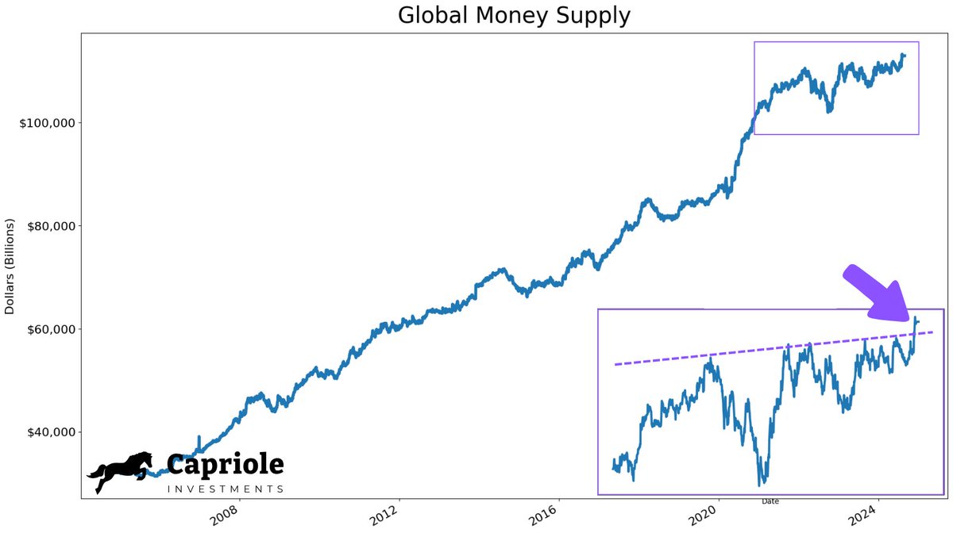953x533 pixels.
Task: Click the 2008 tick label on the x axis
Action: [227, 516]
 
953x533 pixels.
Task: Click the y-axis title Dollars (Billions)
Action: [10, 266]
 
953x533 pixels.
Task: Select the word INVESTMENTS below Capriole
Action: [226, 489]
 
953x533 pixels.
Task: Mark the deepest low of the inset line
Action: [762, 483]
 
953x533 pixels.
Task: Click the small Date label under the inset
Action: [770, 501]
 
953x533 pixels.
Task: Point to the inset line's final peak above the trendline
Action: [916, 318]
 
